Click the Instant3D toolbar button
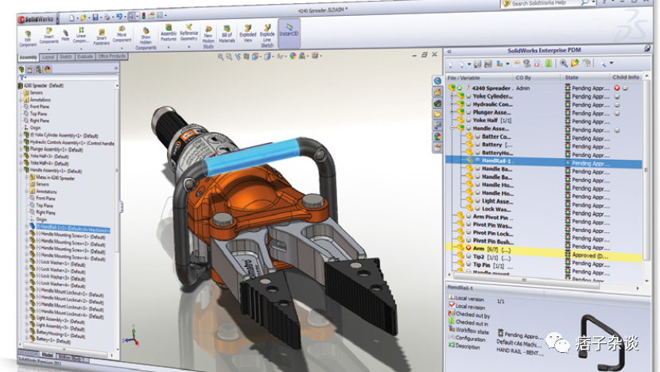(x=289, y=32)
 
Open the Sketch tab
(x=66, y=57)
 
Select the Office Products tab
(x=111, y=57)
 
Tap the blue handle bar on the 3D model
(x=250, y=157)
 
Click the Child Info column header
(x=626, y=77)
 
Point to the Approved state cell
(x=588, y=257)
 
